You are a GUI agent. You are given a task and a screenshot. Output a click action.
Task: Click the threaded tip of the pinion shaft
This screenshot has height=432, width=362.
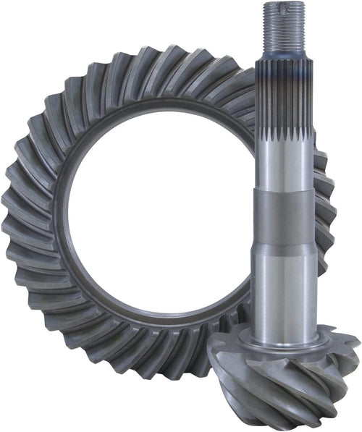(x=283, y=25)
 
